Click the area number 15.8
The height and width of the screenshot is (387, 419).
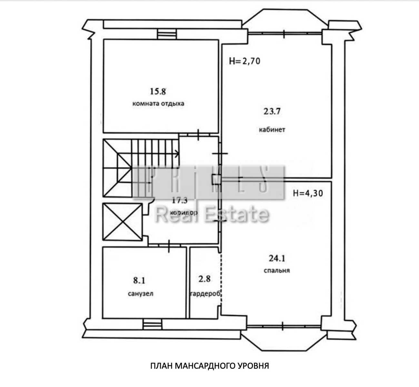click(x=158, y=91)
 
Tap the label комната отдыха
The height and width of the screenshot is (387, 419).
click(x=158, y=104)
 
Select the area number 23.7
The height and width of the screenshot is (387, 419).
click(x=272, y=111)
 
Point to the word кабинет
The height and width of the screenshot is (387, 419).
click(x=272, y=130)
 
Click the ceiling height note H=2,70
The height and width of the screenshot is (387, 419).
click(x=244, y=61)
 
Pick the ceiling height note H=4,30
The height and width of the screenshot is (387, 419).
click(x=308, y=193)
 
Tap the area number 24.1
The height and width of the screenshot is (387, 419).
click(x=277, y=258)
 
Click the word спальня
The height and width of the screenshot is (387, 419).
click(x=276, y=271)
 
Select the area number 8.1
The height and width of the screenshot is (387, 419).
click(x=139, y=281)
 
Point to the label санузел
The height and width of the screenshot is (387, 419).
click(x=141, y=294)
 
